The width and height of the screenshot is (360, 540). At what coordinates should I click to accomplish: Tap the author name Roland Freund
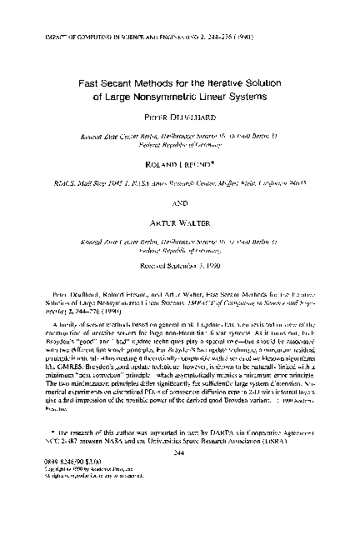(x=180, y=165)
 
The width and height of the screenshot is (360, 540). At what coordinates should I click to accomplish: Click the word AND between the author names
(x=180, y=202)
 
